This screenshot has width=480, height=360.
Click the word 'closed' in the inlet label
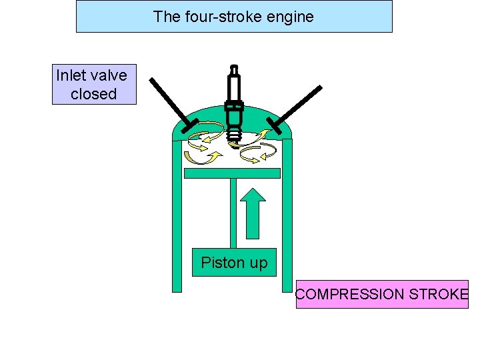[x=93, y=94]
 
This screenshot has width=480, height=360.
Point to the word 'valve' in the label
[x=109, y=75]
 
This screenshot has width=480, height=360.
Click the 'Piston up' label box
[x=234, y=263]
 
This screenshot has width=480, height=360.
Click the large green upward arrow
[x=253, y=213]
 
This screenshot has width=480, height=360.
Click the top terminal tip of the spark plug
[x=233, y=67]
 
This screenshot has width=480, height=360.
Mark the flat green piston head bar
[x=231, y=173]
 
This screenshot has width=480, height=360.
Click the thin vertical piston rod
[x=233, y=213]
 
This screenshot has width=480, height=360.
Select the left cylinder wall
[x=177, y=220]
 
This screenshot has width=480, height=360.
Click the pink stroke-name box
[x=382, y=294]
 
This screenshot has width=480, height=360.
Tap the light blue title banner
[x=234, y=17]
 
